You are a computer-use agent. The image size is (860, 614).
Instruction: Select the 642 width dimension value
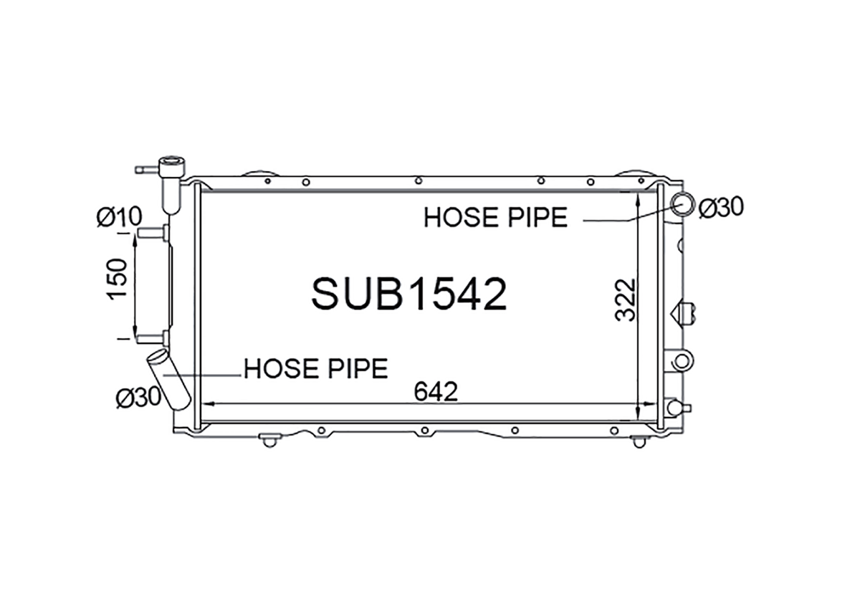click(x=436, y=391)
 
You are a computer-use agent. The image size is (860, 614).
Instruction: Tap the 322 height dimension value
click(x=625, y=299)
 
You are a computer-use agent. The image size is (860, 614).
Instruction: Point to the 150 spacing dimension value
click(x=117, y=279)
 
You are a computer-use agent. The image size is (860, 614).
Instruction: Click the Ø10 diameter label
click(x=120, y=217)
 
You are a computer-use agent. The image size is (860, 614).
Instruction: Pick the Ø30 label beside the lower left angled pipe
click(x=138, y=397)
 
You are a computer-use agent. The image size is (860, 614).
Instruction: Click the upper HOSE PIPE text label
click(x=496, y=218)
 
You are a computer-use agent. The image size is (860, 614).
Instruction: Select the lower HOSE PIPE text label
click(x=316, y=369)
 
